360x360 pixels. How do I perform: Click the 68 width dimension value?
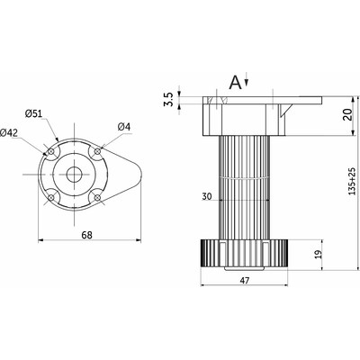point(86,235)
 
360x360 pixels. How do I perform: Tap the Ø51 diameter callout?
point(33,114)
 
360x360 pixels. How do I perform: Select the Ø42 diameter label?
point(9,132)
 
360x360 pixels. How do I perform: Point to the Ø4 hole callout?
point(124,127)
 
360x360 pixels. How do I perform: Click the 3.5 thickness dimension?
point(168,99)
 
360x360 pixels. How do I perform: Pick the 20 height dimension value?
point(347,114)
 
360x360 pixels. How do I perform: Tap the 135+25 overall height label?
point(351,182)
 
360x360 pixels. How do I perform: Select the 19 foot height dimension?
point(319,254)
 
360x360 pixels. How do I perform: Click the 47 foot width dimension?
point(245,281)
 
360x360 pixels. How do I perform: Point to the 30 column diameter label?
point(207,196)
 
